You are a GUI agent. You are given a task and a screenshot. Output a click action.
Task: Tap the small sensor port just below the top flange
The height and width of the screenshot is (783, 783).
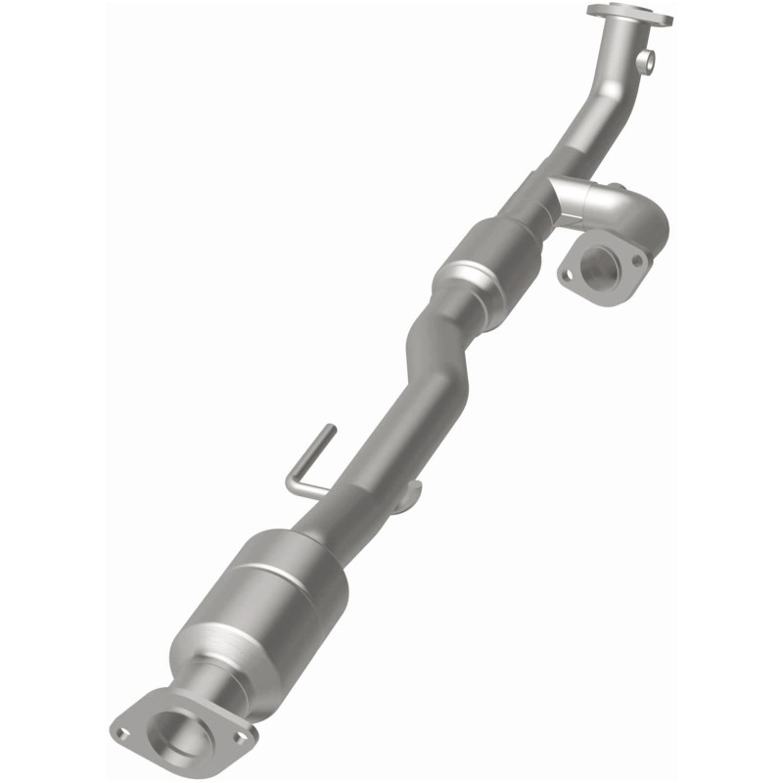[x=644, y=63]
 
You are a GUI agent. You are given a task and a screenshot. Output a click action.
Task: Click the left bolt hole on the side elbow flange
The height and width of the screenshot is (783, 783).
[x=566, y=275]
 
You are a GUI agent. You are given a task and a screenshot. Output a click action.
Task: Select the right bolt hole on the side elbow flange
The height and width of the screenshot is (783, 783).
[x=637, y=261]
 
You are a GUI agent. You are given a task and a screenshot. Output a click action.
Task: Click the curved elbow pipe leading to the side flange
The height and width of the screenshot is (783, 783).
[x=626, y=215]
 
